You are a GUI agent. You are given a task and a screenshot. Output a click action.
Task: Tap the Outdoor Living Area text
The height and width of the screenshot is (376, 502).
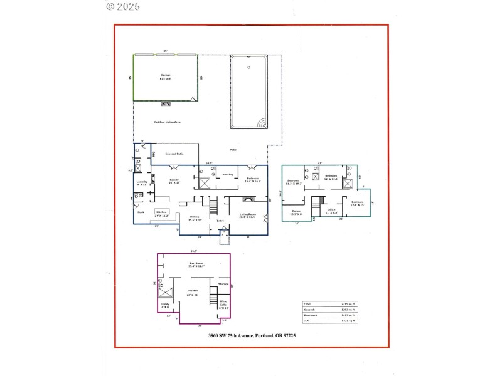coord(167,122)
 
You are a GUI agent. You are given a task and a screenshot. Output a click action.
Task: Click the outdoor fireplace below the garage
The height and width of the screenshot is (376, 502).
coord(166,103)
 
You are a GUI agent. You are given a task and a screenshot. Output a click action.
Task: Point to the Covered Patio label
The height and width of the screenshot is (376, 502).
coord(174,154)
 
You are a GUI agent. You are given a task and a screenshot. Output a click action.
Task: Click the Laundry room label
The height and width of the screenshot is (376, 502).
coord(142,182)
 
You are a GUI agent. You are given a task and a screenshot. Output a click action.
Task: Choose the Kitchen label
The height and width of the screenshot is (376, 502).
coord(162,212)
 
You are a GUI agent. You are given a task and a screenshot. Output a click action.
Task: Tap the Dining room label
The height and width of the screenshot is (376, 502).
coord(195,218)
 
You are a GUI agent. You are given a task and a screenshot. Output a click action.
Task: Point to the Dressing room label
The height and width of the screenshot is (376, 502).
coord(227,175)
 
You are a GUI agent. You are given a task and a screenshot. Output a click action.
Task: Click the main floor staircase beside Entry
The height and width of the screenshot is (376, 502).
coord(213,204)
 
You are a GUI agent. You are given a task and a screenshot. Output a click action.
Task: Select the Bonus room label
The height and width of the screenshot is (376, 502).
coord(296,212)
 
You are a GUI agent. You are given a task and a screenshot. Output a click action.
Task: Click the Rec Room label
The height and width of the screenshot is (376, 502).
coord(195,264)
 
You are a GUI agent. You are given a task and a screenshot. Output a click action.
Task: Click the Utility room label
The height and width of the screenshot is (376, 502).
coord(166,305)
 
